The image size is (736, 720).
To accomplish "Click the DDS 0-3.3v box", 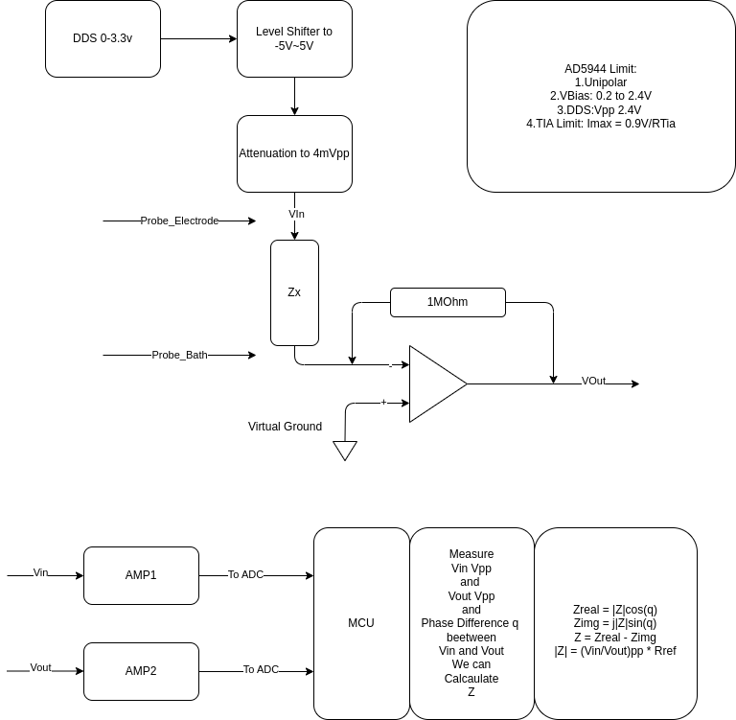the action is pyautogui.click(x=103, y=38).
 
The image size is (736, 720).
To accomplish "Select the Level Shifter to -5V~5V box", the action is pyautogui.click(x=294, y=38).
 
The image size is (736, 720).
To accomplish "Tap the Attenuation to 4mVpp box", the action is pyautogui.click(x=294, y=153).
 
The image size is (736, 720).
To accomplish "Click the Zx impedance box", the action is pyautogui.click(x=294, y=292).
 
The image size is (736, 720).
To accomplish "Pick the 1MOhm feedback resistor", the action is pyautogui.click(x=448, y=302).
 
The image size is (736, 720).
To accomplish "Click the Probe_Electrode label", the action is pyautogui.click(x=179, y=221).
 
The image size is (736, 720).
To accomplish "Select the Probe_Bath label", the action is pyautogui.click(x=179, y=355).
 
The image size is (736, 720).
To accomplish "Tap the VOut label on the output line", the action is pyautogui.click(x=593, y=381).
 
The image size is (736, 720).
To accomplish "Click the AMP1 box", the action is pyautogui.click(x=141, y=575).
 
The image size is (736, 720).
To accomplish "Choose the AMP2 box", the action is pyautogui.click(x=141, y=671).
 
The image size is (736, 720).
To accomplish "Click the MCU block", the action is pyautogui.click(x=361, y=623).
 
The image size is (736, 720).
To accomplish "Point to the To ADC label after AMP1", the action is pyautogui.click(x=245, y=574).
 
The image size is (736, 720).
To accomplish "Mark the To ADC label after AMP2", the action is pyautogui.click(x=261, y=669).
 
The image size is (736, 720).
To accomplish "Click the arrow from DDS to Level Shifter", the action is pyautogui.click(x=198, y=38).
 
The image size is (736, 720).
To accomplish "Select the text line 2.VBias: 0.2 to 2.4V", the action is pyautogui.click(x=601, y=96).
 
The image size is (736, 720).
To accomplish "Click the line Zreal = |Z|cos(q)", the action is pyautogui.click(x=615, y=610).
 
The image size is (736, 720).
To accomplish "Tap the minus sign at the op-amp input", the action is pyautogui.click(x=391, y=366).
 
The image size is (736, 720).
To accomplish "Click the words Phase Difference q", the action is pyautogui.click(x=470, y=623).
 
